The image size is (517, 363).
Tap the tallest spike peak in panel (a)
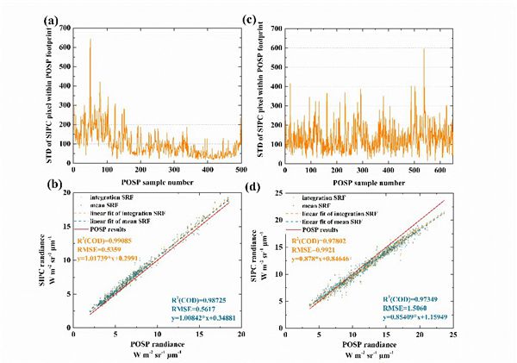click(x=90, y=39)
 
